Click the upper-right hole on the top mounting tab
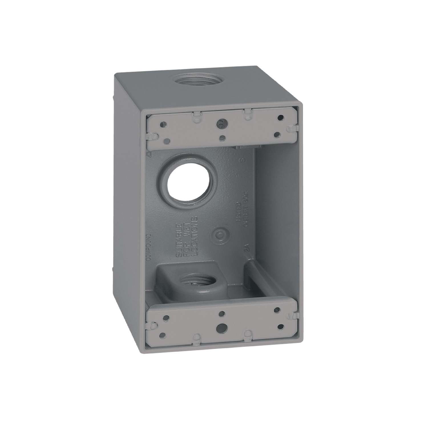(x=281, y=117)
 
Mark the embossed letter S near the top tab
(x=243, y=160)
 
